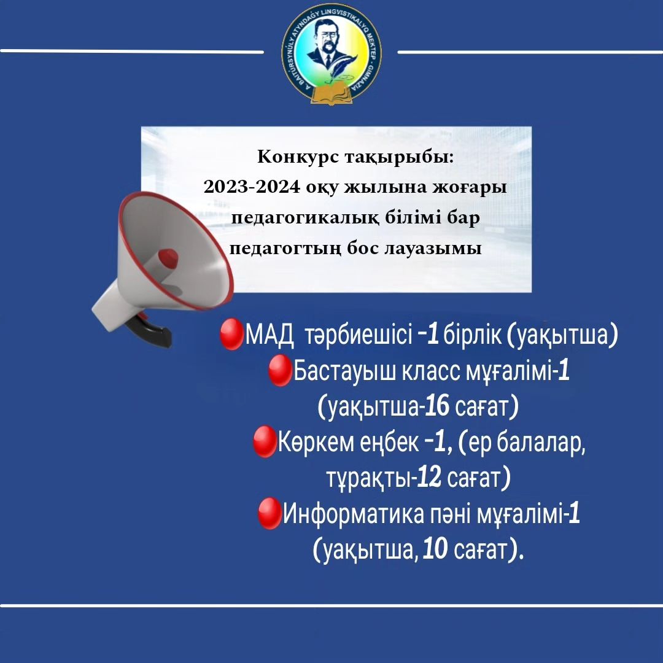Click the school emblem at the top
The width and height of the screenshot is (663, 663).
(x=331, y=53)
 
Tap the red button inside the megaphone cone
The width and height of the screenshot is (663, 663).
(x=168, y=257)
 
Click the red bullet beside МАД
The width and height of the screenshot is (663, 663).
(x=232, y=334)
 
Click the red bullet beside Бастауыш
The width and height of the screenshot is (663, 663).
(x=281, y=370)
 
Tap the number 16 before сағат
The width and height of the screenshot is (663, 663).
(x=437, y=405)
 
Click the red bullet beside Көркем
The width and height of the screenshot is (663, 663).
(x=265, y=442)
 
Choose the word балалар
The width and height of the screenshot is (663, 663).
(x=541, y=443)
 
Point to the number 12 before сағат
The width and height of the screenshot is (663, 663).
(x=429, y=478)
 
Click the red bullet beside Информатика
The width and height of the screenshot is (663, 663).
(x=269, y=513)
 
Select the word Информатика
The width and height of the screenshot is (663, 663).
(x=354, y=514)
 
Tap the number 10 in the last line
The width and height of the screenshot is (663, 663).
(x=435, y=549)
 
